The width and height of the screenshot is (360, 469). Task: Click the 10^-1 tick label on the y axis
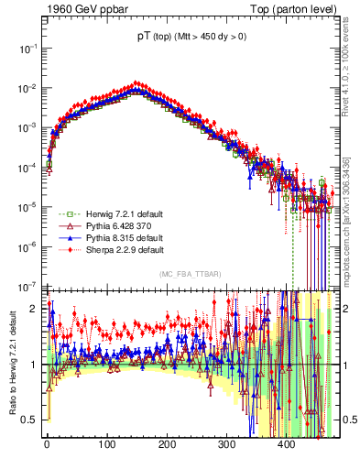[27, 48]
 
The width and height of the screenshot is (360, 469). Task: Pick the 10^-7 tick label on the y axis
[27, 285]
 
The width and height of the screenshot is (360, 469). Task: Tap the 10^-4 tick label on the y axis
[27, 167]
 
